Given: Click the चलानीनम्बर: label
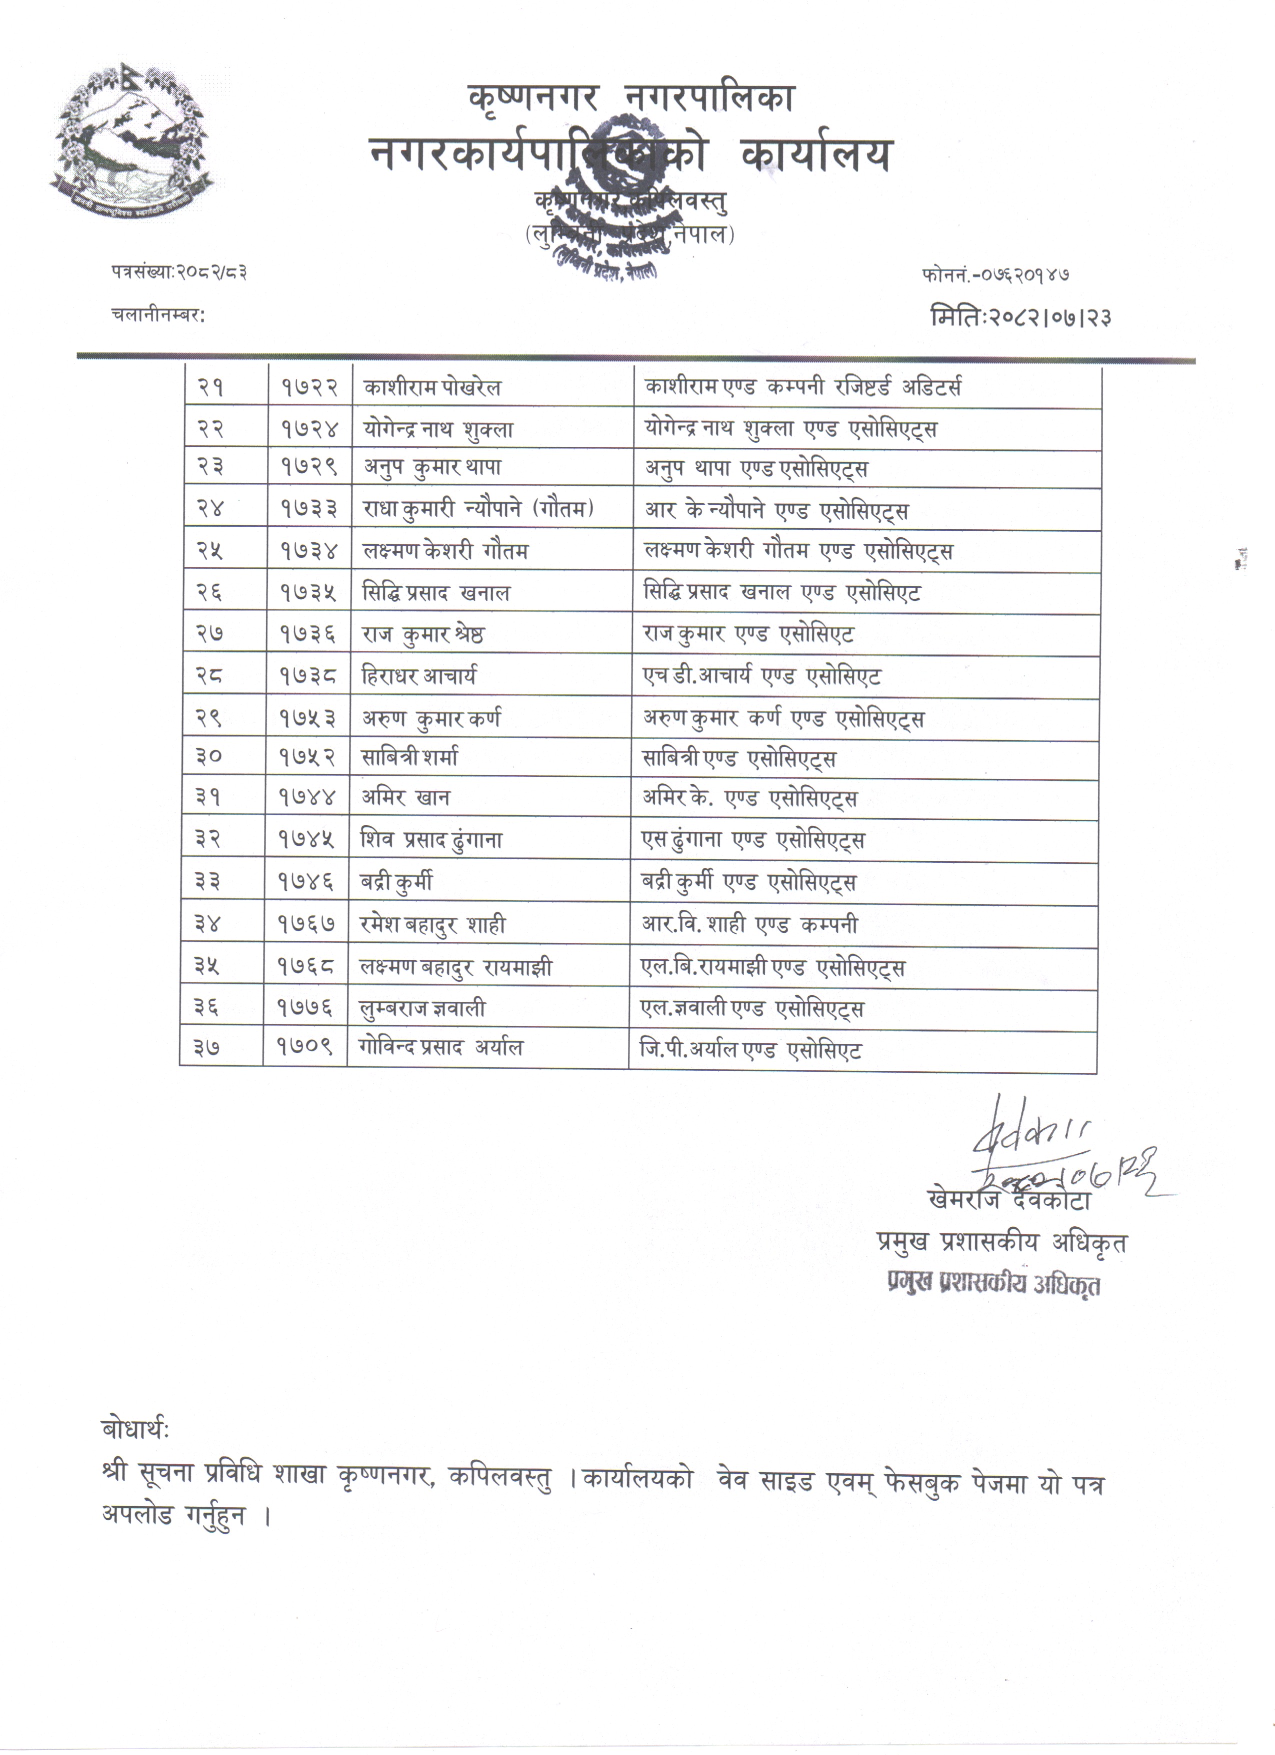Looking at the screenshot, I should [x=158, y=315].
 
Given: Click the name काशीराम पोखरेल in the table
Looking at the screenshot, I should [x=431, y=387].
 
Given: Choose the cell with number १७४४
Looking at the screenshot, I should [x=308, y=798].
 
